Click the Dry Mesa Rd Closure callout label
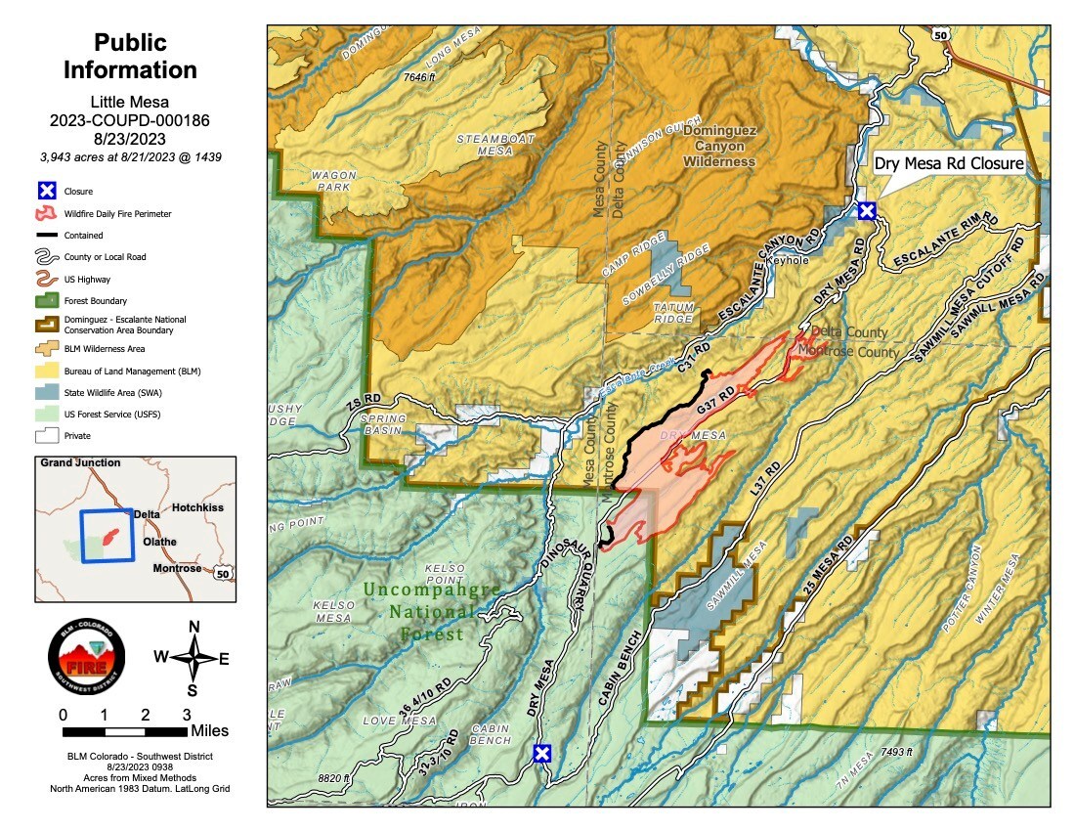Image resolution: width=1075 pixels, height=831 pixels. point(948,164)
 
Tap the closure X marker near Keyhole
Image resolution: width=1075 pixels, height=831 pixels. point(866,210)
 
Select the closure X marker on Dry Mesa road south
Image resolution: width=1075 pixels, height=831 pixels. point(541,753)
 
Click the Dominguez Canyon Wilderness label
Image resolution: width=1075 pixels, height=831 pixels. point(719,146)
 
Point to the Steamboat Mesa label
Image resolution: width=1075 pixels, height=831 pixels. point(496,146)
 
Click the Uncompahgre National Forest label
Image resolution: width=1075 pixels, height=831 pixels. point(431,612)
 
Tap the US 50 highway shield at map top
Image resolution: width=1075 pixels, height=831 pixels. point(941,34)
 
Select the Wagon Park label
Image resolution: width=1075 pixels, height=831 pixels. point(334,182)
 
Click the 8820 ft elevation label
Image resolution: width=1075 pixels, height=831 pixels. point(333,778)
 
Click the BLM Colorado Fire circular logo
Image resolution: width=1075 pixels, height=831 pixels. point(87,663)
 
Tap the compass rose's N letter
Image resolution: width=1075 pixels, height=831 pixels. point(193,627)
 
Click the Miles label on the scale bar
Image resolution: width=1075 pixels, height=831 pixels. point(210,730)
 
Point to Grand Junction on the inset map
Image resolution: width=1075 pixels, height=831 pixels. point(78,462)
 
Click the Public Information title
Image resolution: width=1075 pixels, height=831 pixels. point(130,57)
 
